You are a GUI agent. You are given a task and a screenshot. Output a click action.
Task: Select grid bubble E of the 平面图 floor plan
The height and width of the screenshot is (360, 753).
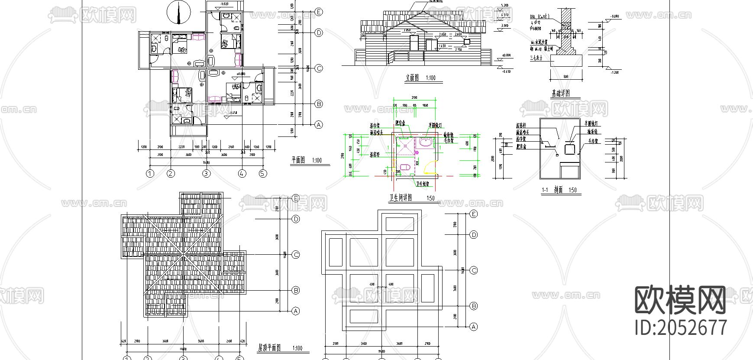coord(319,12)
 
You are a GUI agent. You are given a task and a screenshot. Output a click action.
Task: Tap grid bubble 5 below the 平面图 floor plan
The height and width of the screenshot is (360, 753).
coord(263,174)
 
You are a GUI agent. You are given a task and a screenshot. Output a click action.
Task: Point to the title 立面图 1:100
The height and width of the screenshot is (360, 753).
coord(420,78)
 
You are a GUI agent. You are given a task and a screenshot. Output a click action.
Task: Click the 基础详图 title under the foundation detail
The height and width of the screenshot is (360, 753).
coord(560,94)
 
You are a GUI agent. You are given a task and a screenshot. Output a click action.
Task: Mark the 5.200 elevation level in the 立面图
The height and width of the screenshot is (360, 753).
coord(504,6)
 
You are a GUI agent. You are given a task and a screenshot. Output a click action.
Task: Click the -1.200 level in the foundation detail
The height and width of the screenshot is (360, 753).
coord(614,72)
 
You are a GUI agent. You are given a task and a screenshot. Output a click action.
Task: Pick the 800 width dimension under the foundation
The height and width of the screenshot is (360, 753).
coord(566,77)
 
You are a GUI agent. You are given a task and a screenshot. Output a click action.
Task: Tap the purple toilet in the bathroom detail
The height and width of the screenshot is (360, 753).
coord(405,168)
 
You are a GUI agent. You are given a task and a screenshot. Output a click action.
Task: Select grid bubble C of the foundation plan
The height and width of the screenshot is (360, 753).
coord(474,270)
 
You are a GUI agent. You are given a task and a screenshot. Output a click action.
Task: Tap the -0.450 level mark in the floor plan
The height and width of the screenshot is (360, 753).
coord(233,113)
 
